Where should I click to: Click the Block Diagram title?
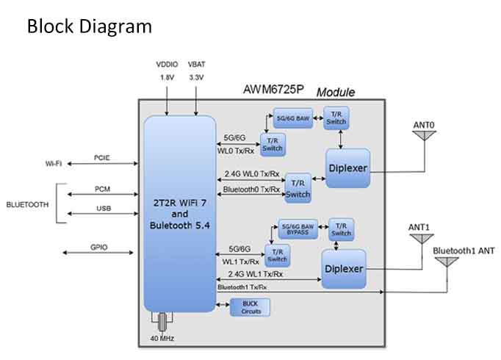(90, 26)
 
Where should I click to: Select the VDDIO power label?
(167, 64)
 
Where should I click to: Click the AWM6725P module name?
(273, 92)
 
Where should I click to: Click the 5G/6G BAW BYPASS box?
(299, 229)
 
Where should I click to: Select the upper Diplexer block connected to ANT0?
(347, 168)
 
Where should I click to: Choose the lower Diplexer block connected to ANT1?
(343, 268)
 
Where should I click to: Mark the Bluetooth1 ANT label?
(464, 251)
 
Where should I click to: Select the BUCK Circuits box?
(250, 308)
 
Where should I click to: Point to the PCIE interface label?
(102, 157)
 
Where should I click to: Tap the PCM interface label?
(102, 189)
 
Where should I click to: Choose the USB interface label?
(103, 209)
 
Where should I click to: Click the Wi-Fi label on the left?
(48, 163)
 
